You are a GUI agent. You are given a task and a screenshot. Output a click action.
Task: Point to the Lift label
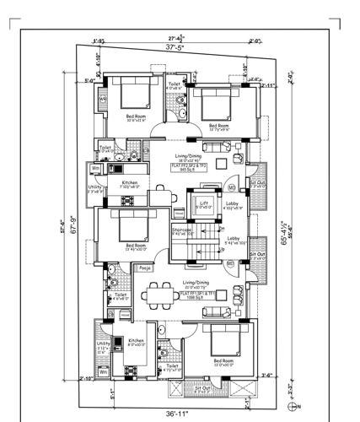click(203, 203)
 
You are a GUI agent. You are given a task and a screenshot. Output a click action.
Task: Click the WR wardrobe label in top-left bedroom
click(103, 99)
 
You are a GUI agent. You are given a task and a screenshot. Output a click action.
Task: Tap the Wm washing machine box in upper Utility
click(96, 168)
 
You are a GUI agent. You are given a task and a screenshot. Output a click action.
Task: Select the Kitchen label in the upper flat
click(129, 183)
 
